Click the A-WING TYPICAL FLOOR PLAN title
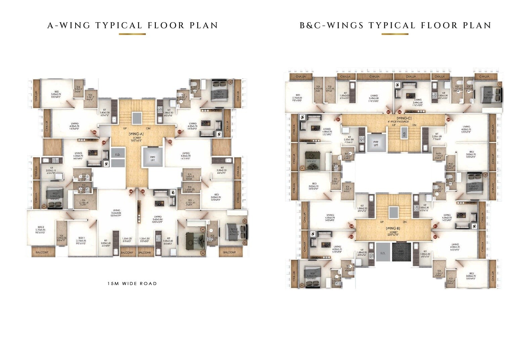[x=133, y=26]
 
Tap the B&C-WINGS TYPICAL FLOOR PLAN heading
[x=395, y=26]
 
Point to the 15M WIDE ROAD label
[x=132, y=284]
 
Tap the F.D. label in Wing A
[x=118, y=155]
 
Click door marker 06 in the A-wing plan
[x=94, y=132]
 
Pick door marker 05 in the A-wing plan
[x=104, y=143]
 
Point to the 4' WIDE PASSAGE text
[x=398, y=122]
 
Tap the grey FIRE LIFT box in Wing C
[x=376, y=144]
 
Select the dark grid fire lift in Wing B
[x=401, y=251]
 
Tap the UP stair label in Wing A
[x=125, y=128]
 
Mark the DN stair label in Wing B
[x=404, y=222]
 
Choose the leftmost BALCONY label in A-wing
[x=41, y=252]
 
